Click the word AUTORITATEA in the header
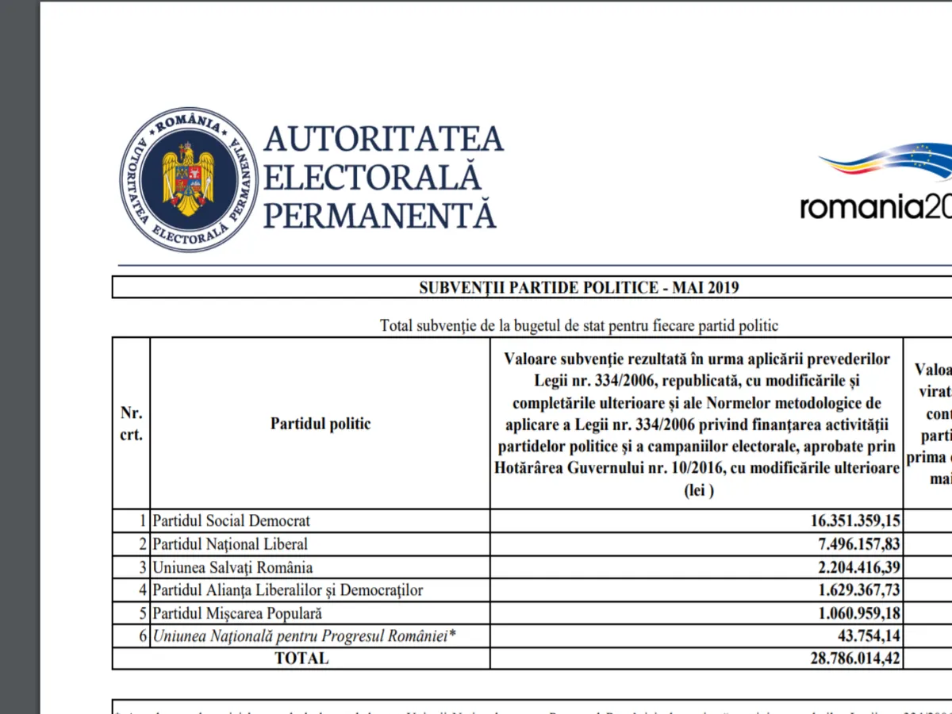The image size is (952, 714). coord(383,139)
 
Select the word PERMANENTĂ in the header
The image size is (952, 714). coord(379,215)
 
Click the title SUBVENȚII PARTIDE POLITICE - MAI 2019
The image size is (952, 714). coord(578,287)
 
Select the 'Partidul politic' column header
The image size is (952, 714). coord(320,424)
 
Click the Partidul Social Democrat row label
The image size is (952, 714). coord(231,521)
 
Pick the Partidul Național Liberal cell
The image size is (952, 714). coord(230,544)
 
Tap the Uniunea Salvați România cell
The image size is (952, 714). coord(232,567)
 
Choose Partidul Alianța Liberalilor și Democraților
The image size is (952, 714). coord(287,590)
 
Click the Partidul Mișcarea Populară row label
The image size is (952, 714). coord(237,613)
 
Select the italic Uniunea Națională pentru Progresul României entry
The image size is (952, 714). coord(305,636)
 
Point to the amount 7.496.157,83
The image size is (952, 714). coord(848,544)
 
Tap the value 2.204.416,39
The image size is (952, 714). coord(848,567)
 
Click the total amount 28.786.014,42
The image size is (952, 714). coord(843,658)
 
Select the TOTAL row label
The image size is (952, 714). coord(301,658)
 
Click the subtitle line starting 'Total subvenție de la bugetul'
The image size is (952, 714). coord(579,325)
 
